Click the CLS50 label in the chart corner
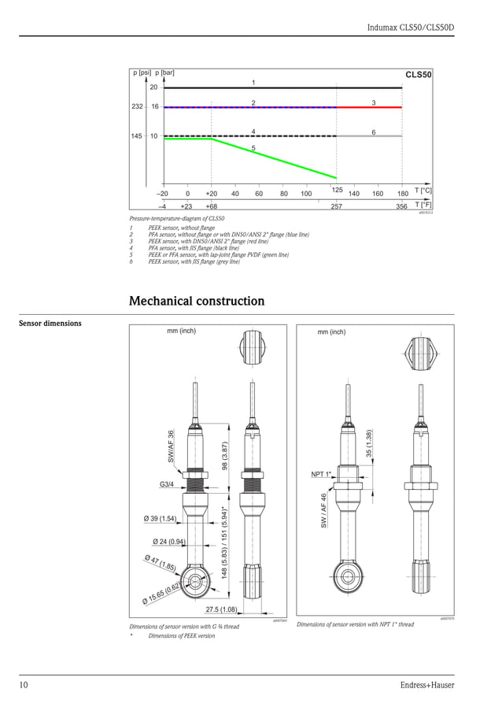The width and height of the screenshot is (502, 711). coord(418,75)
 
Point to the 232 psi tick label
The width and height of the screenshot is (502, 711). coord(135,106)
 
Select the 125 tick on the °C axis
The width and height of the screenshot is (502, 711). coord(337,190)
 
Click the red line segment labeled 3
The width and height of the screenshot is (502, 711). coord(369,106)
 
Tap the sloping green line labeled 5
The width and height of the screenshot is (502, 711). coord(275,158)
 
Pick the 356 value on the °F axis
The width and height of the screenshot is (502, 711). coord(402,206)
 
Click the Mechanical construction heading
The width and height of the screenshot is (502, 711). coord(196,302)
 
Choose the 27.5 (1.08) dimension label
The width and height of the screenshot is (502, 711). coord(221,609)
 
